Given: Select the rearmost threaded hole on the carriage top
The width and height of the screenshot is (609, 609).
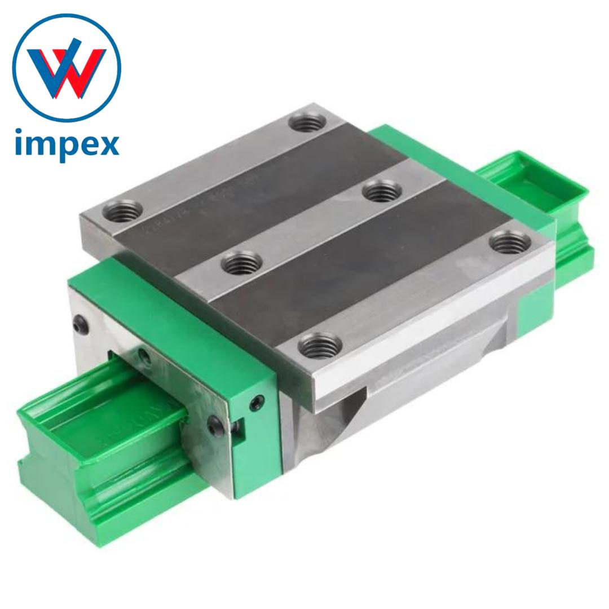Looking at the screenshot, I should click(306, 121).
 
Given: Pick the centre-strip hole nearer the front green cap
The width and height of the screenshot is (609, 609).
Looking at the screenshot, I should click(241, 263).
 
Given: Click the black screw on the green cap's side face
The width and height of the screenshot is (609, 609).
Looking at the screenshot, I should click(258, 403).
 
